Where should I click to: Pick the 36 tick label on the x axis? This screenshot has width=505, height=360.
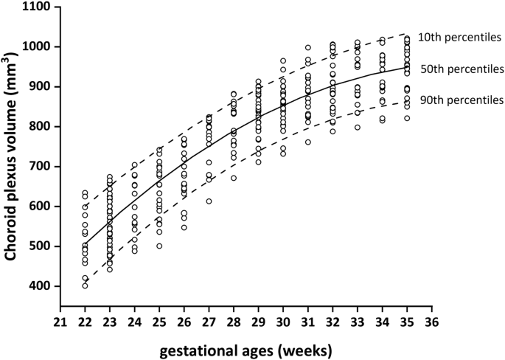pyautogui.click(x=434, y=322)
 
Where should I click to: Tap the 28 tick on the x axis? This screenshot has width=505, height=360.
pyautogui.click(x=234, y=322)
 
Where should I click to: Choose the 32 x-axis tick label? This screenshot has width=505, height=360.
pyautogui.click(x=334, y=322)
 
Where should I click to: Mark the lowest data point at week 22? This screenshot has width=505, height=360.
pyautogui.click(x=85, y=285)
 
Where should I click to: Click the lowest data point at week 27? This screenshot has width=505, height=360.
pyautogui.click(x=209, y=201)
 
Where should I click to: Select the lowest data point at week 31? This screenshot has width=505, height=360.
pyautogui.click(x=309, y=142)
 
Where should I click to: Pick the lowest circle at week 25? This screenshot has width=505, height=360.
pyautogui.click(x=159, y=246)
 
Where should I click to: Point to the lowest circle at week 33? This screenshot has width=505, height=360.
pyautogui.click(x=358, y=127)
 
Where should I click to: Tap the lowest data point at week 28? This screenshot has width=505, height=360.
pyautogui.click(x=234, y=178)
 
